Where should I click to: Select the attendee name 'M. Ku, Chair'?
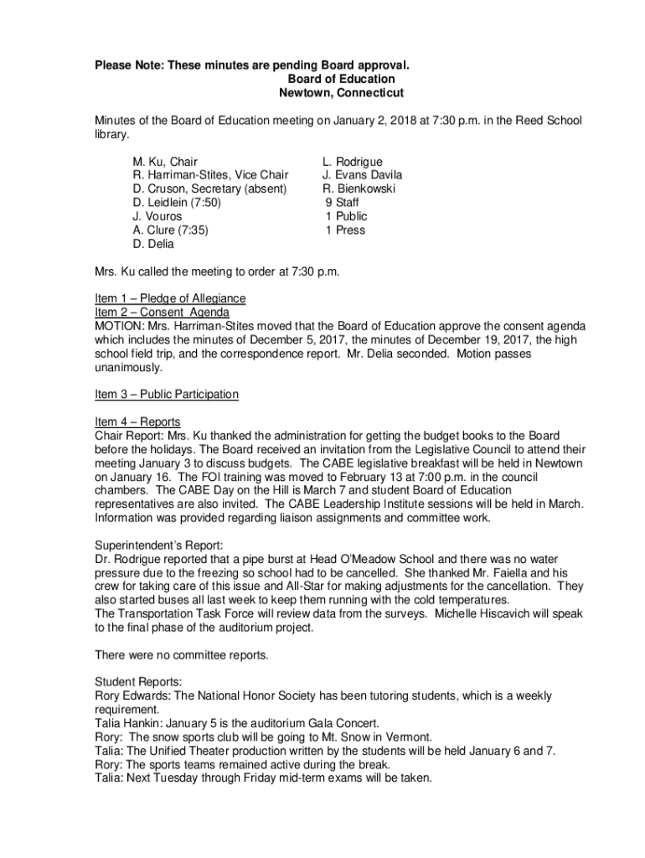point(165,161)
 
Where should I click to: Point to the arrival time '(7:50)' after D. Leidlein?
point(205,203)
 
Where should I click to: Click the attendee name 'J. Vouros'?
point(157,216)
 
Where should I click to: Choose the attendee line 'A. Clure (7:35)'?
point(170,230)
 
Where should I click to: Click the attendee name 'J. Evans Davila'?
point(362,175)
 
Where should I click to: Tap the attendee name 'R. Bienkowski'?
point(359,189)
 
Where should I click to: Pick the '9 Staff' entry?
point(345,203)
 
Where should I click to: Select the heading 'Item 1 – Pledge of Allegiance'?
point(170,298)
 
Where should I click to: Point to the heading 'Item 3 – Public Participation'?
point(167,394)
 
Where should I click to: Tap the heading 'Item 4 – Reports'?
point(137,421)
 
